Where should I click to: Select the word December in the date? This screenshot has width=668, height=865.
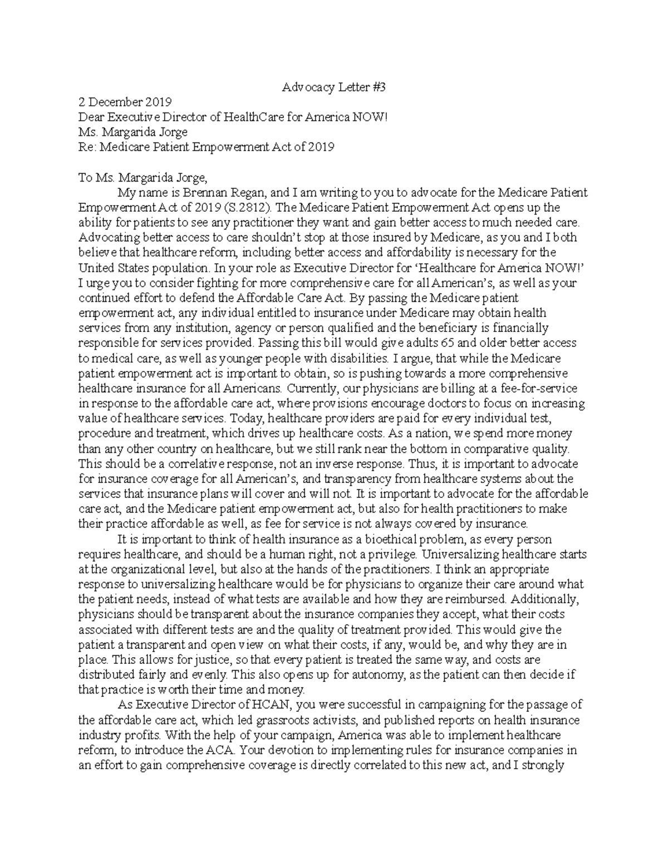click(116, 102)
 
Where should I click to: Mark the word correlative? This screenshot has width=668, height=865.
click(190, 463)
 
